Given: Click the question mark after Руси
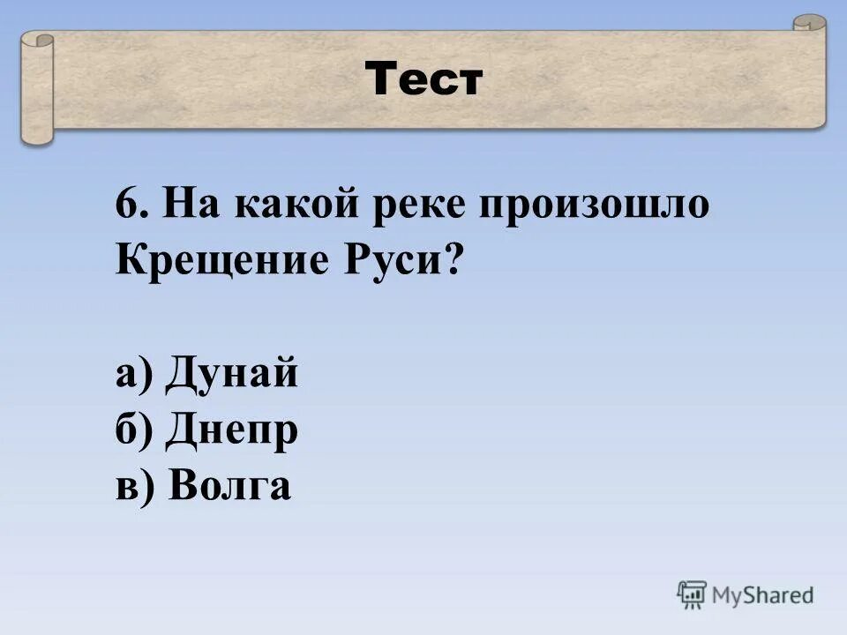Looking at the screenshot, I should [x=453, y=262].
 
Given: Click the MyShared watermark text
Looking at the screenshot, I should [x=763, y=595].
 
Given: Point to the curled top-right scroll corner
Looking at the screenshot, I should [x=809, y=25].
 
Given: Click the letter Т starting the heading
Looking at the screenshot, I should [x=381, y=81].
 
